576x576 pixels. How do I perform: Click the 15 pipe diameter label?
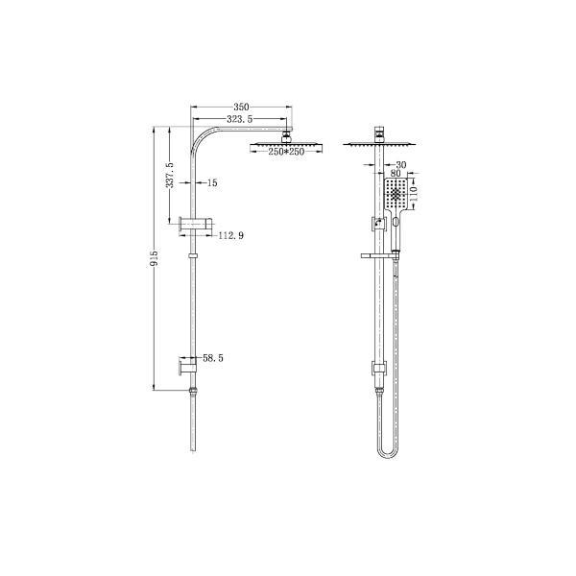212,182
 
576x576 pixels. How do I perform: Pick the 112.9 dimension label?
231,235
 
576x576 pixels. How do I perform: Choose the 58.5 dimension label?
214,357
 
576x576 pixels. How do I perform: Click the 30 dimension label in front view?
399,165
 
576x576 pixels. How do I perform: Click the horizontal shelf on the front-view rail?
375,255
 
